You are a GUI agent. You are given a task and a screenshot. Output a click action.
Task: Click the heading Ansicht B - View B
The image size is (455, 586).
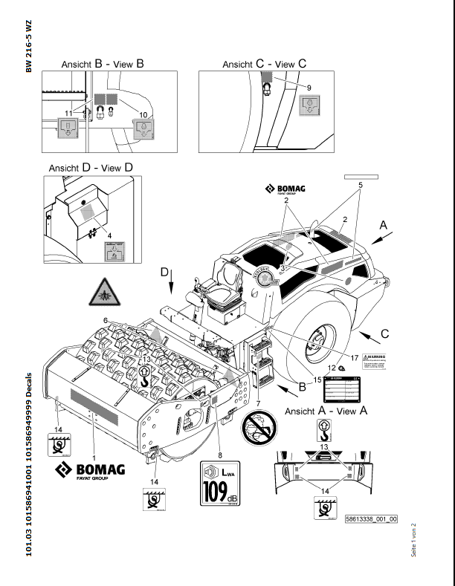click(103, 64)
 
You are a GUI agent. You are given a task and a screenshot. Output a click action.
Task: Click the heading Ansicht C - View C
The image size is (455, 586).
click(264, 64)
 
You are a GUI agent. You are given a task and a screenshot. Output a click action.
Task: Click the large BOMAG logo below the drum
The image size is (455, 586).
click(91, 470)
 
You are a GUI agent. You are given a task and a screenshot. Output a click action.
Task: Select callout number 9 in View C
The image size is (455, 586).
click(309, 87)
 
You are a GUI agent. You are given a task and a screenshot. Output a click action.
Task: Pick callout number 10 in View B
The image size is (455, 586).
click(143, 115)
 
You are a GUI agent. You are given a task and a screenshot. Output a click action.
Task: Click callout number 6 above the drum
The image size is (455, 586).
click(106, 320)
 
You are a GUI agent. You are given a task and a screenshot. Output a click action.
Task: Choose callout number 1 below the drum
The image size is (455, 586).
click(94, 448)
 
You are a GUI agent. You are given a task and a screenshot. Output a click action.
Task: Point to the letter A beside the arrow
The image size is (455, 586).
click(384, 224)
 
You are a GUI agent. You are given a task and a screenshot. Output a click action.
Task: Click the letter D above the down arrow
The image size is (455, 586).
click(164, 273)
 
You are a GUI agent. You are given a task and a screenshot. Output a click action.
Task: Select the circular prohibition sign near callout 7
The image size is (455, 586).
click(258, 431)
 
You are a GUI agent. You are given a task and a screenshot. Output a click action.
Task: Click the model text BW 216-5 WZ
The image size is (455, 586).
click(29, 47)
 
